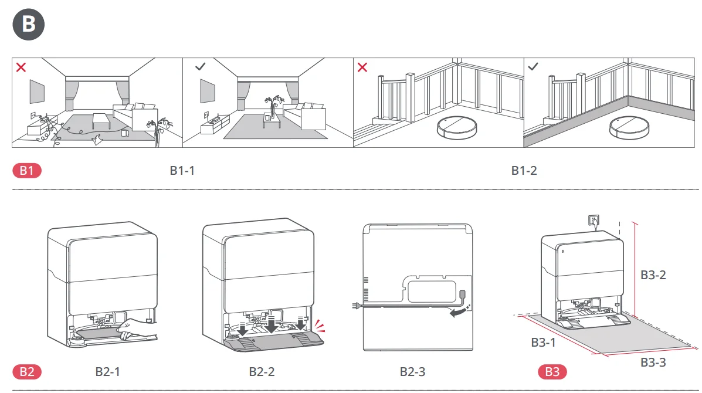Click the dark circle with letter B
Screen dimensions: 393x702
28,25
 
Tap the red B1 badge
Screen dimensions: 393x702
27,171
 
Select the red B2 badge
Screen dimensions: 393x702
27,371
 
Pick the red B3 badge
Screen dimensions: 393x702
552,371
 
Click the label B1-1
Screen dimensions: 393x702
182,171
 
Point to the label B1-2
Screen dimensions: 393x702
524,171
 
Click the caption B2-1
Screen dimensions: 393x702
108,371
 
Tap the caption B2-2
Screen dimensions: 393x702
262,371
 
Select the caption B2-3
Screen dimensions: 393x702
413,371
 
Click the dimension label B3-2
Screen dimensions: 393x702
653,275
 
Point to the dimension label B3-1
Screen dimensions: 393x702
543,342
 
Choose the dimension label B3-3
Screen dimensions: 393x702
653,362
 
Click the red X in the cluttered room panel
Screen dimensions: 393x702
21,67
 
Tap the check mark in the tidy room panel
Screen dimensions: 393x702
200,67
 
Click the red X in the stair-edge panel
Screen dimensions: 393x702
362,67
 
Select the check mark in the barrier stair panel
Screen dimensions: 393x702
533,67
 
